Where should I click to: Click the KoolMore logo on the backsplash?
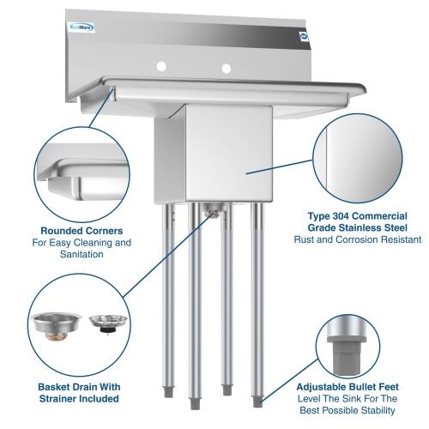[82, 27]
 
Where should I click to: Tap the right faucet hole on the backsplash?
[226, 67]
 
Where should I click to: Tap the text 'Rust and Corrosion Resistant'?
[359, 240]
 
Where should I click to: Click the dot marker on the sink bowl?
[246, 172]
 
